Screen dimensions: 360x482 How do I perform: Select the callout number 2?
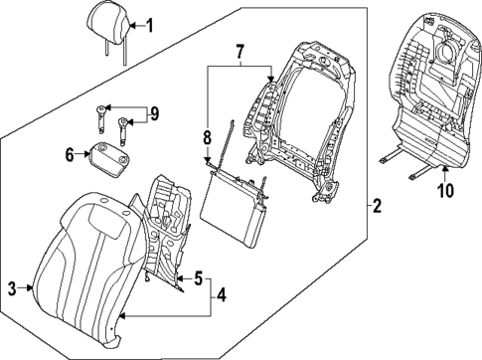click(x=375, y=207)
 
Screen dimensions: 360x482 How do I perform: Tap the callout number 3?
click(x=13, y=288)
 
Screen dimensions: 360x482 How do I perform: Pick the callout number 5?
click(x=198, y=278)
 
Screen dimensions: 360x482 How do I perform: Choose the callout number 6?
click(x=71, y=153)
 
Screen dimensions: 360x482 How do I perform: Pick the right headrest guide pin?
click(x=124, y=127)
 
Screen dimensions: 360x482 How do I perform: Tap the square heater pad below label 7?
click(x=235, y=205)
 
